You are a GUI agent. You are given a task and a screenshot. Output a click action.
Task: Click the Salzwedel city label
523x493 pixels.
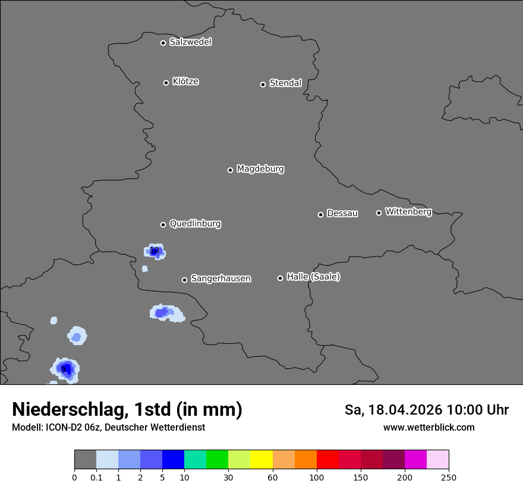tap(190, 42)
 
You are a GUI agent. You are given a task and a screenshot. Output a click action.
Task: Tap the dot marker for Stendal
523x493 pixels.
tap(263, 84)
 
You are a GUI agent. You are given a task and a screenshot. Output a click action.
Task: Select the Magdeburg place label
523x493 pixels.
tap(260, 169)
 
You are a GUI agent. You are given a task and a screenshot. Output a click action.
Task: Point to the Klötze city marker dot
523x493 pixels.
tap(166, 83)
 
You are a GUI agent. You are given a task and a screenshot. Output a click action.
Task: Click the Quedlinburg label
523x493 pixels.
tap(195, 224)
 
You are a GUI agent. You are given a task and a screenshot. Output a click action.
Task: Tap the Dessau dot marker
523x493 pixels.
tap(320, 214)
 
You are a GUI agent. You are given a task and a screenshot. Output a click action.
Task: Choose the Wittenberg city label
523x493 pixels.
tap(408, 211)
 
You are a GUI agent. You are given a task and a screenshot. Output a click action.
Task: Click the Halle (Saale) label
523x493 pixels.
tap(313, 277)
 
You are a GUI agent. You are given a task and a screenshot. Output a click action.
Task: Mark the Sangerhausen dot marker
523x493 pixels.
tap(184, 280)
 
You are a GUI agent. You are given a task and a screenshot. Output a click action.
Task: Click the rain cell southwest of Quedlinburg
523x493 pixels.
tap(155, 251)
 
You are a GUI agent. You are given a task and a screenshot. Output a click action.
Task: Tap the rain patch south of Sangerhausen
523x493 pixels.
tap(165, 312)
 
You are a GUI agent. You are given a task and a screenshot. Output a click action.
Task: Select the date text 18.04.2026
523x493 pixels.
tap(405, 410)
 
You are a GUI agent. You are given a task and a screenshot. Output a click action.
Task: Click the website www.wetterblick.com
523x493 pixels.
tap(429, 427)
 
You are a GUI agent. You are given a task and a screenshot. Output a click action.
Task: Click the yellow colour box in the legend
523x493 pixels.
tap(261, 460)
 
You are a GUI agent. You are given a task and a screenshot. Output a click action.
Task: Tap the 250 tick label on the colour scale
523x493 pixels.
tap(449, 478)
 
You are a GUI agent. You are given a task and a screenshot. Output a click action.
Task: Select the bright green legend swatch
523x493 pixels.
tap(217, 460)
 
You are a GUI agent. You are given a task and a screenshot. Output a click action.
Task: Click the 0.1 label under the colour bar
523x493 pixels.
tap(96, 478)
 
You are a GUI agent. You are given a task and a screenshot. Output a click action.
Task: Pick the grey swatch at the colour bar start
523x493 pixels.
tap(85, 460)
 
